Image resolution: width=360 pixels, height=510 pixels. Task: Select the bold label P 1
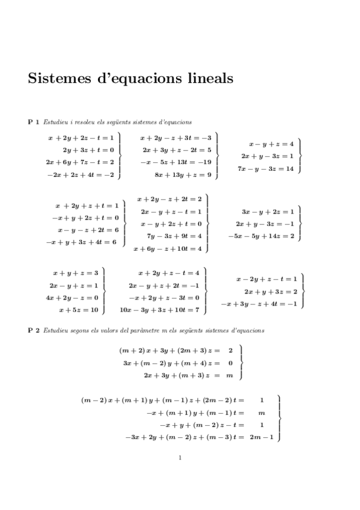click(x=34, y=122)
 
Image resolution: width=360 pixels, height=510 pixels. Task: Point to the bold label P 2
click(x=34, y=330)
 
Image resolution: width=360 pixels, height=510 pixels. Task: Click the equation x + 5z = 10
click(x=78, y=310)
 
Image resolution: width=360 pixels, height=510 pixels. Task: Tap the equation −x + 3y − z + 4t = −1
click(x=258, y=304)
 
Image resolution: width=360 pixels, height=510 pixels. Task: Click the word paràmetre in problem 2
click(x=135, y=330)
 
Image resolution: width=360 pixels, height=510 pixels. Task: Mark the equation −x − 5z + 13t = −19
click(x=175, y=162)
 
